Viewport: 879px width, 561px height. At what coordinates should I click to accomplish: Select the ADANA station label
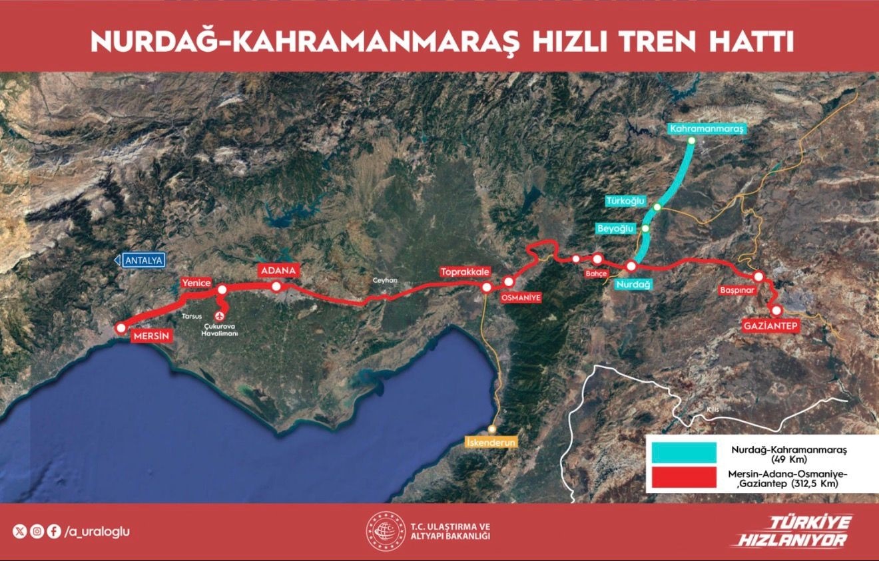tap(277, 271)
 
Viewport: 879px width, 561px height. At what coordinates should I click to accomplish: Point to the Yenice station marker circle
tap(222, 289)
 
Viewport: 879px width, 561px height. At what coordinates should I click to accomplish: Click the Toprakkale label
tap(465, 272)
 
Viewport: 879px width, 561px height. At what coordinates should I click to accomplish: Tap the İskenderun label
tap(491, 442)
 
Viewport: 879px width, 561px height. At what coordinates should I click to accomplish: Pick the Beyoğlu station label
tap(616, 228)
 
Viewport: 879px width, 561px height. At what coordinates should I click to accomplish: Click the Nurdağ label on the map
tap(633, 284)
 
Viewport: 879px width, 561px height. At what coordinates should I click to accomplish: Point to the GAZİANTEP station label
tap(770, 326)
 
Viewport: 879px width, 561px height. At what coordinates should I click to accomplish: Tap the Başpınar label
tap(736, 291)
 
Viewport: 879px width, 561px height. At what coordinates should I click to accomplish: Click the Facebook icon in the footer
tap(54, 531)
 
